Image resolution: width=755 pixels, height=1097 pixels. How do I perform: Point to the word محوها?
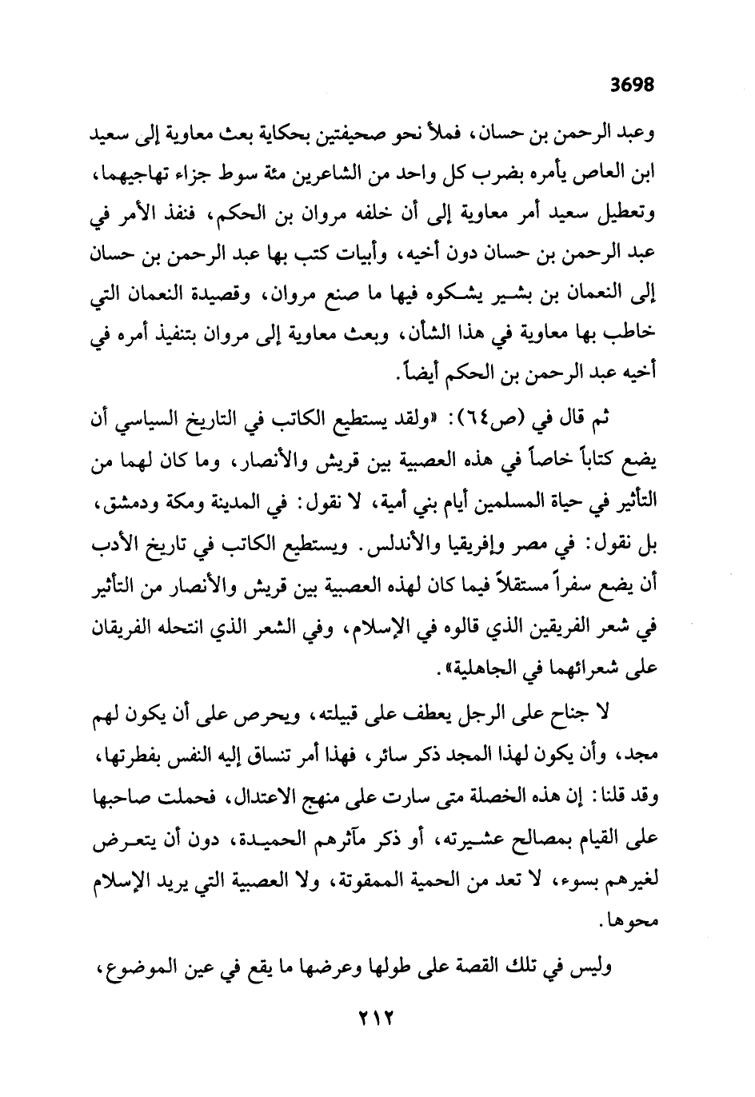pos(629,921)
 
